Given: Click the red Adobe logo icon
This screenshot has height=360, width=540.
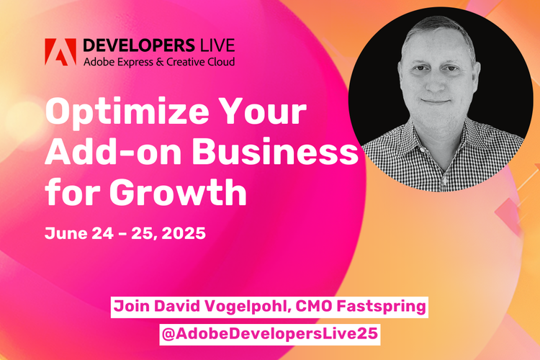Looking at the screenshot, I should (60, 51).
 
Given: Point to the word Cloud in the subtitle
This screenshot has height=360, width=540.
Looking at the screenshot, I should (218, 60).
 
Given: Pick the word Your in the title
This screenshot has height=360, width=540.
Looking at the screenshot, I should (267, 117).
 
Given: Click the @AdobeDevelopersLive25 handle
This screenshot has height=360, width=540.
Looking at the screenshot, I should (269, 335).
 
